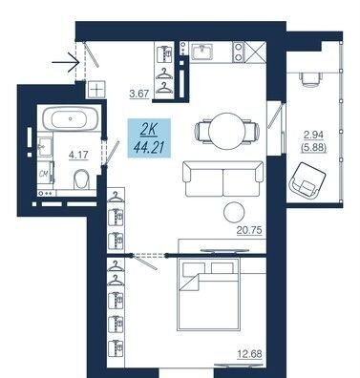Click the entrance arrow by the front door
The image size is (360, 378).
tap(65, 62)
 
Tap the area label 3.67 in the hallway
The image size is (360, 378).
tap(139, 94)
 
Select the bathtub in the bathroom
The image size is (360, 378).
tap(71, 118)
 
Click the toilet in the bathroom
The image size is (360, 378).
tap(81, 179)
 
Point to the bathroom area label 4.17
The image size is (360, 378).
tap(78, 156)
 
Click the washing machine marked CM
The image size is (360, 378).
tap(45, 175)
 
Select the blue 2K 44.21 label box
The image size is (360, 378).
tap(149, 138)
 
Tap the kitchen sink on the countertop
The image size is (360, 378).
tap(202, 52)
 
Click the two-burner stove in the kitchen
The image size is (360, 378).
tap(239, 52)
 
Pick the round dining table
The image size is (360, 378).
tap(227, 131)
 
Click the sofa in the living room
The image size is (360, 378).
tap(222, 178)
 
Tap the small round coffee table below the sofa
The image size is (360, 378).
tap(234, 212)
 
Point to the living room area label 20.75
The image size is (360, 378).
tap(249, 230)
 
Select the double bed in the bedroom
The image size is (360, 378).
tap(208, 294)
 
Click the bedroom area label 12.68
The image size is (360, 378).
tap(249, 354)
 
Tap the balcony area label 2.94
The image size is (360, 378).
tap(313, 135)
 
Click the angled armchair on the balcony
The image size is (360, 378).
tap(307, 180)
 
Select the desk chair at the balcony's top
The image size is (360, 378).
tap(310, 78)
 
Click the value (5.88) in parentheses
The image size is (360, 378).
tap(313, 148)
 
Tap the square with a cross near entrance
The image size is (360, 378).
tap(95, 90)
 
